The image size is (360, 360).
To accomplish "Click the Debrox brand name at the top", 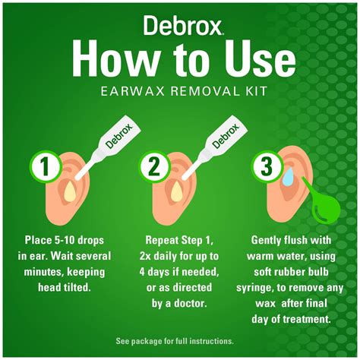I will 180,26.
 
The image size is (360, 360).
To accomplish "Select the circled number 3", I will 266,166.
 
